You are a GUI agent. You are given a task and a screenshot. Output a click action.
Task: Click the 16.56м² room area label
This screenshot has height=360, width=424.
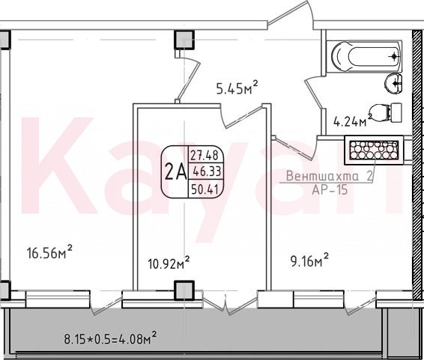pos(49,251)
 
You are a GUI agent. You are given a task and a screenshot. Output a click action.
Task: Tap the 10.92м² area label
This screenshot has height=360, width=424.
pos(169,262)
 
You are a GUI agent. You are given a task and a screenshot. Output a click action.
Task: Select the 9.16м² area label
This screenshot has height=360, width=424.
pos(309,260)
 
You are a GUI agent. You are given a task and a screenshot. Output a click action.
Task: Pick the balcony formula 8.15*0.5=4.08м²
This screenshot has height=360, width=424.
pos(110,338)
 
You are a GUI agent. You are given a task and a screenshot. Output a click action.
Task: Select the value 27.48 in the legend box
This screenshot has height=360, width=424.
pos(205,155)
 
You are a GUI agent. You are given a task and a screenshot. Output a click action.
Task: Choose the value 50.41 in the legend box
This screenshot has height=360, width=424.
pos(205,190)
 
